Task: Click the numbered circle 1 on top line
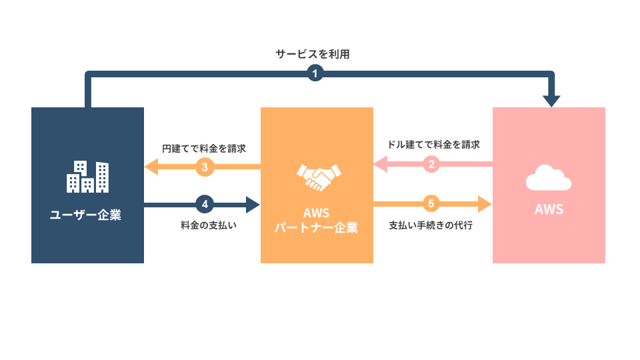click(x=315, y=73)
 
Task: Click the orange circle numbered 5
click(x=431, y=203)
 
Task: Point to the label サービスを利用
click(x=313, y=55)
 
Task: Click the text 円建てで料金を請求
click(x=204, y=149)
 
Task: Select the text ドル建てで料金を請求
click(x=433, y=144)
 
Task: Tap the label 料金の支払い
click(x=209, y=225)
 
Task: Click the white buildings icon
click(x=87, y=177)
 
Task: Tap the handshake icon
click(x=317, y=176)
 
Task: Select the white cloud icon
click(x=548, y=179)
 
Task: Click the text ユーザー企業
click(x=87, y=215)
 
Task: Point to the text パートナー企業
click(x=317, y=228)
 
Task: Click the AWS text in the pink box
click(x=549, y=209)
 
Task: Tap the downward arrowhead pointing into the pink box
click(x=551, y=101)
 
